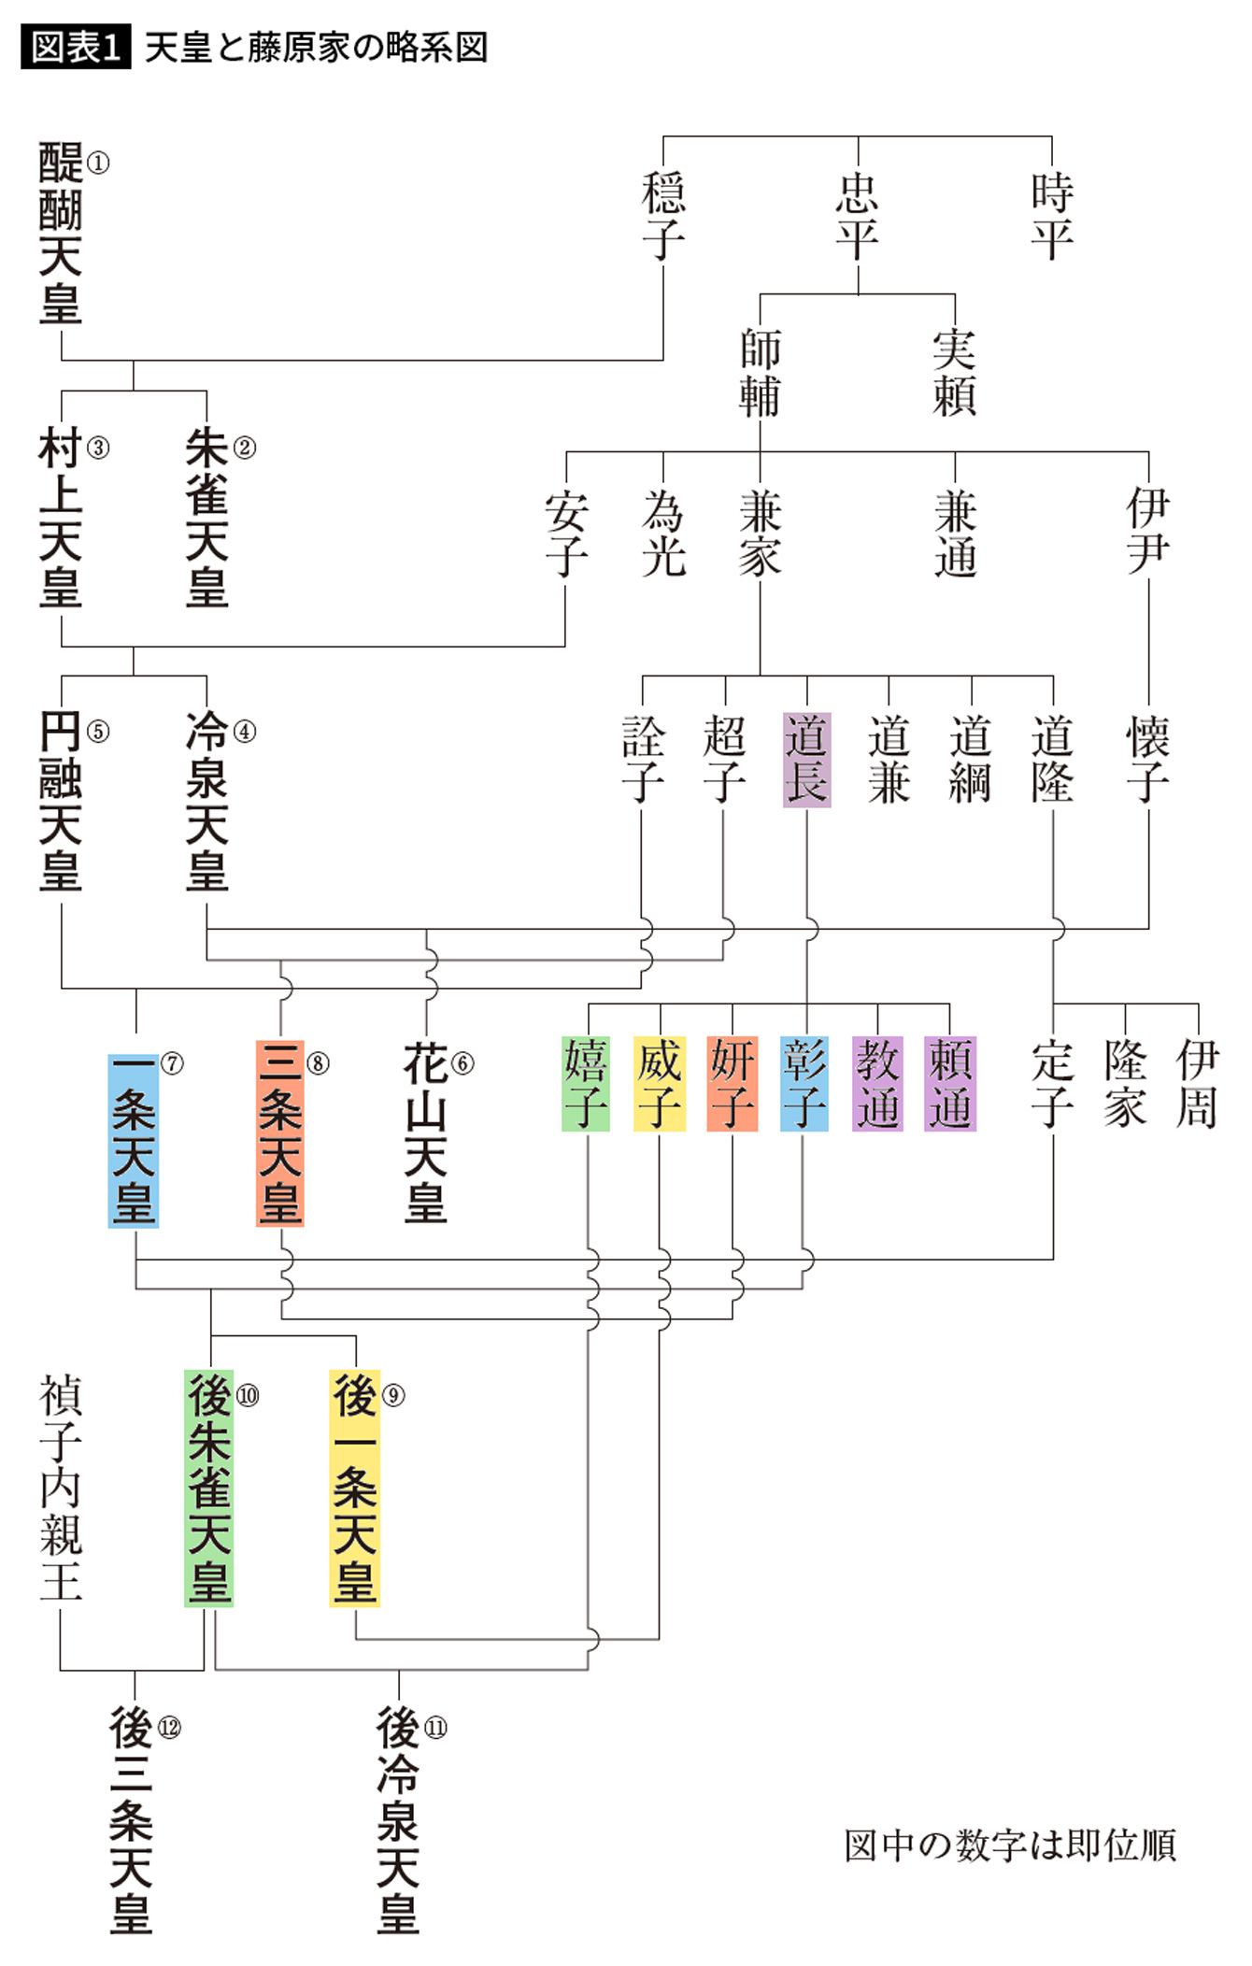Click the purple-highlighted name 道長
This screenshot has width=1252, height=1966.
[x=806, y=759]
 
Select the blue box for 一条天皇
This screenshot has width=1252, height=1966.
[x=134, y=1140]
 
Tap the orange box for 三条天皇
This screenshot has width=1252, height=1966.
[x=280, y=1133]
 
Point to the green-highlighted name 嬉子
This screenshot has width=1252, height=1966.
[x=586, y=1083]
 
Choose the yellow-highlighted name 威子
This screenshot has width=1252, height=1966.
[x=660, y=1083]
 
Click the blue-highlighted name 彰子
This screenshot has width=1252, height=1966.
[x=804, y=1083]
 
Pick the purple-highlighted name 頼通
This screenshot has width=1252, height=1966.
[x=949, y=1083]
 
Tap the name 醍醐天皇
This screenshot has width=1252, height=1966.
[x=61, y=233]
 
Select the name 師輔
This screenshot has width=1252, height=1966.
[x=760, y=373]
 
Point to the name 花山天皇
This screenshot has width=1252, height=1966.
[x=426, y=1133]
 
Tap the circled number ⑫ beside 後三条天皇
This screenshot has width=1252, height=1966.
[x=169, y=1728]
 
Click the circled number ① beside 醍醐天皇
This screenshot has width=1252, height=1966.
[x=97, y=164]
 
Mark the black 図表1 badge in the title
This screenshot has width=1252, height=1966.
[x=76, y=48]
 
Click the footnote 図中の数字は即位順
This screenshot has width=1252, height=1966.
[x=1009, y=1845]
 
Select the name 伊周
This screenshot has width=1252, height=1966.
[x=1198, y=1083]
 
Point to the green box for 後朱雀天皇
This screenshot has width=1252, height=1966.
[x=208, y=1488]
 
